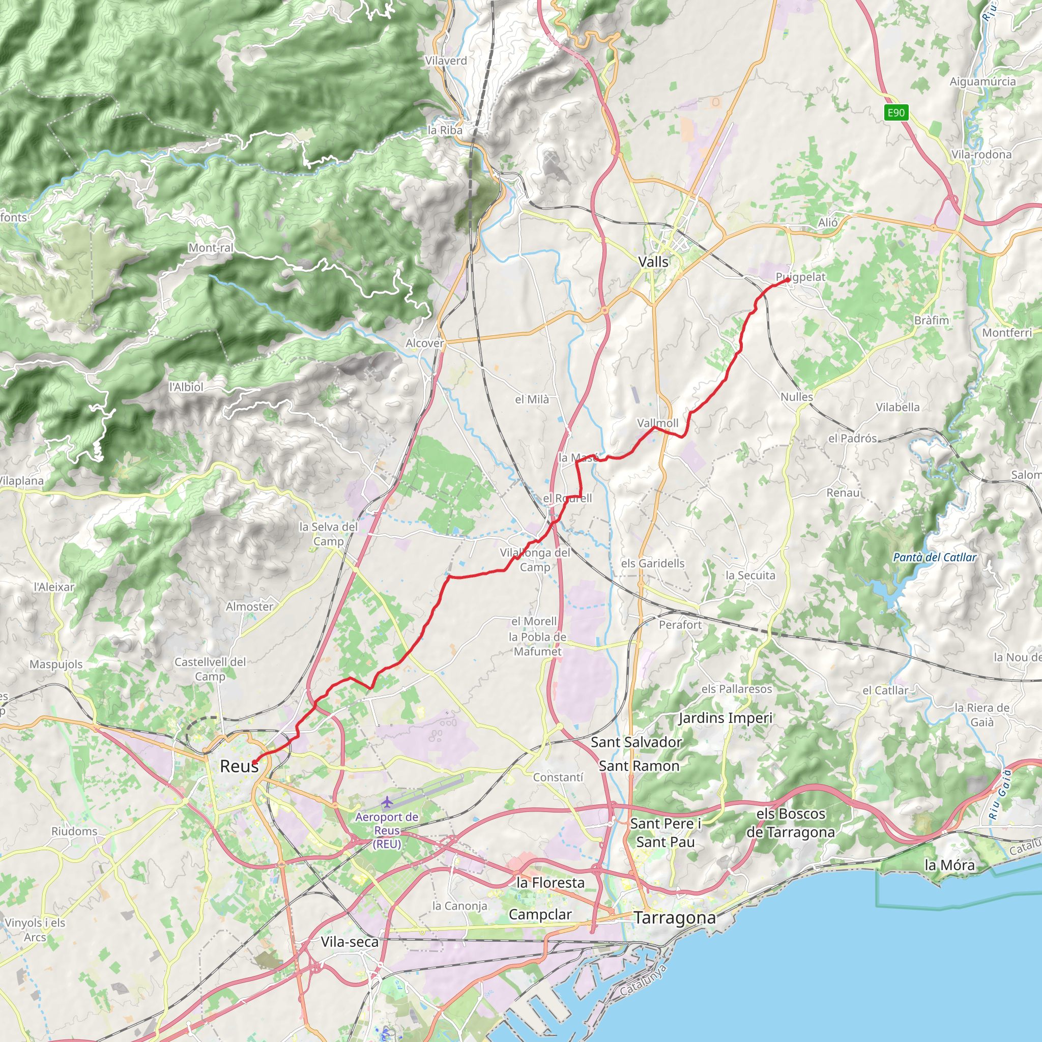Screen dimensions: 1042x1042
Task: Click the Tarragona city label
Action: [x=675, y=917]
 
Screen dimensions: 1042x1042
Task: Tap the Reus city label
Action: [x=239, y=766]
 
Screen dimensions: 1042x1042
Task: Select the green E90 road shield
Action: [x=896, y=113]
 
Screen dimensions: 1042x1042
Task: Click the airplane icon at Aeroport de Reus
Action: [x=387, y=802]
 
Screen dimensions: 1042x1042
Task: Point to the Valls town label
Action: [x=653, y=262]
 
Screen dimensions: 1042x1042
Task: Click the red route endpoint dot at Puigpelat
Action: [x=788, y=280]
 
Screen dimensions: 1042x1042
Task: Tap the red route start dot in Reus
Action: [x=253, y=762]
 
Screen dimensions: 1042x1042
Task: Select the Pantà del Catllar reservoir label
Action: [x=935, y=558]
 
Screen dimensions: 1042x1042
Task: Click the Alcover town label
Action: [x=424, y=343]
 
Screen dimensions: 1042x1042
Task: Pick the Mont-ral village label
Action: [x=211, y=248]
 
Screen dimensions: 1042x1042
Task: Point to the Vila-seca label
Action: [x=350, y=942]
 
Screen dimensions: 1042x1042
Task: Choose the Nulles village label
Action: [x=797, y=397]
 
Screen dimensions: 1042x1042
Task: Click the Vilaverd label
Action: [x=446, y=61]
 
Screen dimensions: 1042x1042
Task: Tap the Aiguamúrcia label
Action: [x=982, y=81]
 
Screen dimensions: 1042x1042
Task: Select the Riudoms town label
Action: [x=74, y=831]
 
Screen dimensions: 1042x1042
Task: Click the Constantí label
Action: [x=558, y=777]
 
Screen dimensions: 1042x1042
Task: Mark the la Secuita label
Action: [x=750, y=575]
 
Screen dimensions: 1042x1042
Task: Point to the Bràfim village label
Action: [x=932, y=321]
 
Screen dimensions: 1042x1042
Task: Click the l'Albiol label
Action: [x=186, y=387]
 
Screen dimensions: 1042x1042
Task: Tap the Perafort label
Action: [x=680, y=625]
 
